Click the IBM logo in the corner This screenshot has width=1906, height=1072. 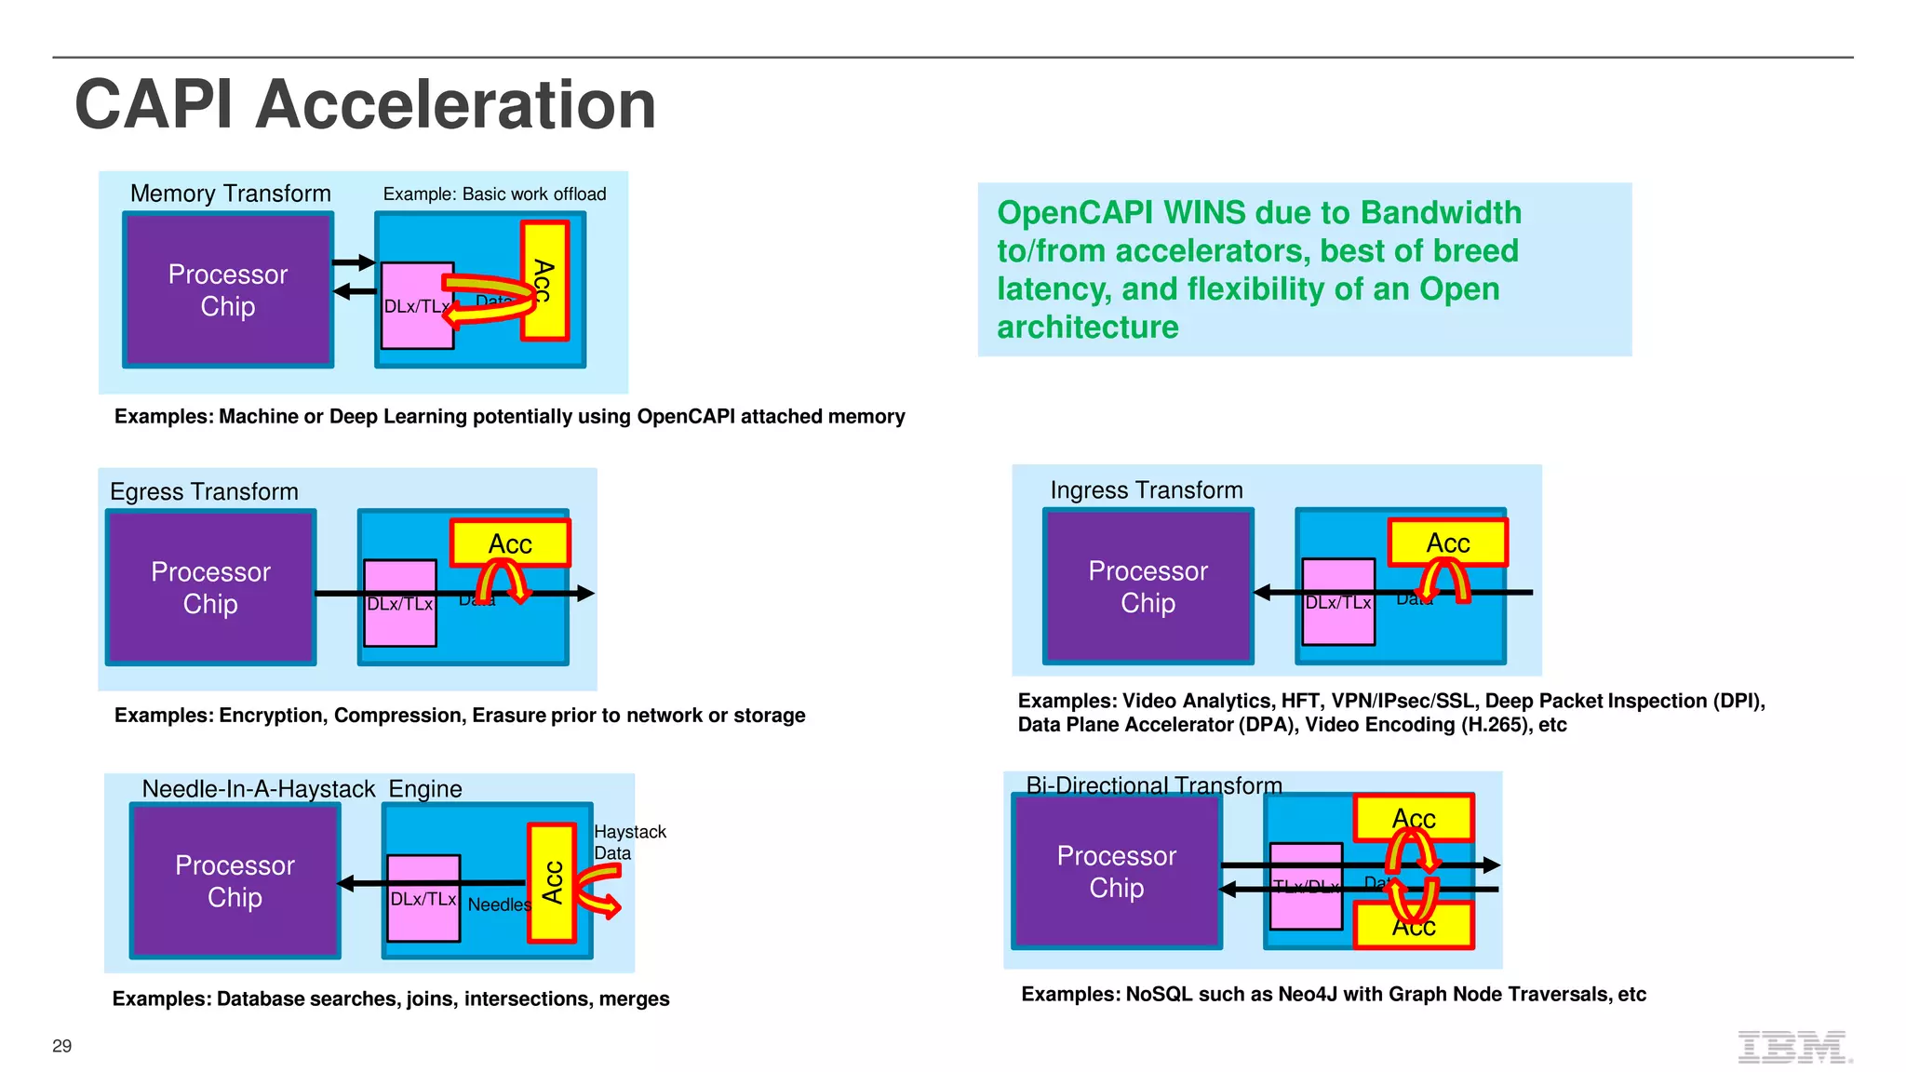click(1793, 1047)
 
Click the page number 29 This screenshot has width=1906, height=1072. click(61, 1046)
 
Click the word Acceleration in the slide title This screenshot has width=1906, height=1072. click(455, 104)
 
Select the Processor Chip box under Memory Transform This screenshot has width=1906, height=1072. click(228, 289)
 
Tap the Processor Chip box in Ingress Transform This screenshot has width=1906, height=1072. click(1148, 586)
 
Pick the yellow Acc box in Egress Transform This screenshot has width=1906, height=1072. click(510, 543)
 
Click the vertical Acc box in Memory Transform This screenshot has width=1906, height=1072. click(544, 280)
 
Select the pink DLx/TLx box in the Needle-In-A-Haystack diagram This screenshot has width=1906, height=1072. click(423, 898)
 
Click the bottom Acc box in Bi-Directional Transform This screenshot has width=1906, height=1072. click(1414, 927)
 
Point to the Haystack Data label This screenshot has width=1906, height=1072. click(629, 842)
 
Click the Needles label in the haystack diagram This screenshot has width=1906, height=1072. click(498, 904)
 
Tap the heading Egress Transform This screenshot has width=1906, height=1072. click(204, 491)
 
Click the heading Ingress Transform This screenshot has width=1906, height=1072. click(1146, 489)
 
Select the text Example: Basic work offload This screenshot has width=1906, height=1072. click(494, 194)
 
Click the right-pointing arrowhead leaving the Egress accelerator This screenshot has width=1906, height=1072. click(585, 593)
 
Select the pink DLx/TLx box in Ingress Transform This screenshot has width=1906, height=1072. click(1338, 601)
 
